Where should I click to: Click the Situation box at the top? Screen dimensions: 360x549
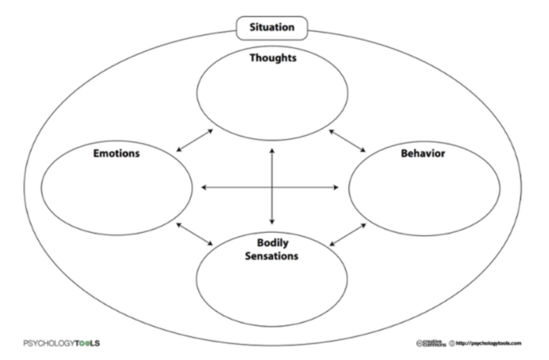click(271, 29)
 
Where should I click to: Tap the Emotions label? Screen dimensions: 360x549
click(116, 153)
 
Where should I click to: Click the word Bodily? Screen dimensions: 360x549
click(272, 242)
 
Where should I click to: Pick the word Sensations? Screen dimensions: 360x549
click(272, 255)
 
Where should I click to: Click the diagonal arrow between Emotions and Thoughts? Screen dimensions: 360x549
click(194, 141)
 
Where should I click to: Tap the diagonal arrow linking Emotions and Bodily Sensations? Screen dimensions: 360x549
click(194, 234)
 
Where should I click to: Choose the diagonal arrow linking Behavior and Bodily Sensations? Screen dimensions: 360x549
click(347, 234)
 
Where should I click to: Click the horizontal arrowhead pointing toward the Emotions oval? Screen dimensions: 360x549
click(206, 188)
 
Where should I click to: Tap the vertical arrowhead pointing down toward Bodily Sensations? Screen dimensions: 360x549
click(272, 222)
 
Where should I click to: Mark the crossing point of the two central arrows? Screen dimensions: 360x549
click(272, 188)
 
